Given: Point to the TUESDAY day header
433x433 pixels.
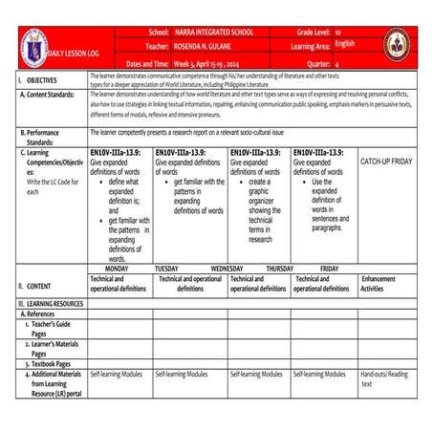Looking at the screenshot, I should [x=166, y=269].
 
